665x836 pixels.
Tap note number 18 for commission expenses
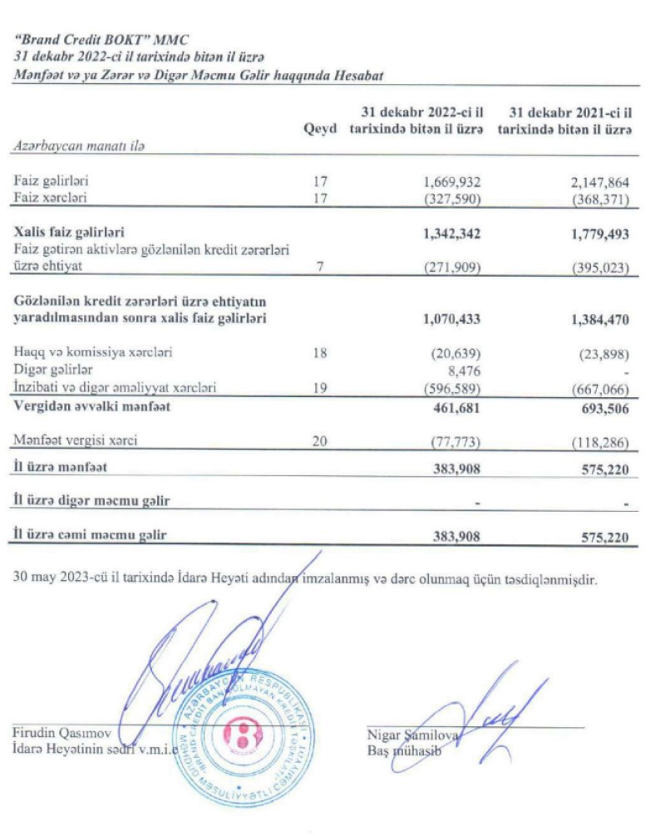[x=320, y=352]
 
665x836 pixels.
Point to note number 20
[x=320, y=440]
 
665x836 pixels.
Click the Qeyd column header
[x=320, y=130]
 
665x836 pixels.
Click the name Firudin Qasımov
[x=62, y=733]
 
